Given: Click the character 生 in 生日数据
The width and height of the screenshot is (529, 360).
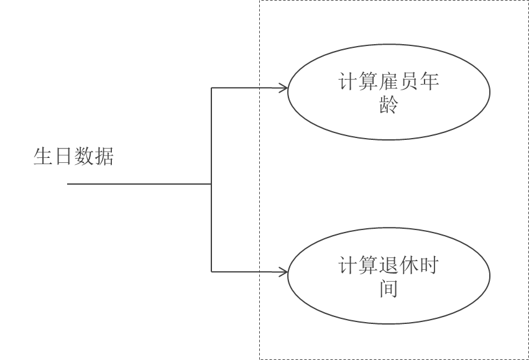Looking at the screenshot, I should pyautogui.click(x=43, y=156).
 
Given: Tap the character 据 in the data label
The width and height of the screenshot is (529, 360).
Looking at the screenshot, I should pyautogui.click(x=104, y=156).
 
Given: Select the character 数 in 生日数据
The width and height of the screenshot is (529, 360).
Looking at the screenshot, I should pyautogui.click(x=83, y=156).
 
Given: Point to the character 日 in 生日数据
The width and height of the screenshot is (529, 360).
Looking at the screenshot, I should pyautogui.click(x=63, y=156).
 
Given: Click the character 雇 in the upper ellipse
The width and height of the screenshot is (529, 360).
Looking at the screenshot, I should pyautogui.click(x=389, y=82).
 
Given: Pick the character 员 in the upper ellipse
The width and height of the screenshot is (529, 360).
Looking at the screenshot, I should pyautogui.click(x=409, y=82).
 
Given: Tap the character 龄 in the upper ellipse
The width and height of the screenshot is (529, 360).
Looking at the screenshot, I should pyautogui.click(x=389, y=104).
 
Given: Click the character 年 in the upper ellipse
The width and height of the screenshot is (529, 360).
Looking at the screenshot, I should pyautogui.click(x=430, y=82).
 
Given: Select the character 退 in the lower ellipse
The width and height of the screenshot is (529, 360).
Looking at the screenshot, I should pyautogui.click(x=389, y=266).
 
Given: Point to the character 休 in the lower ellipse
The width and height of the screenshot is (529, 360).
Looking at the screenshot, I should pyautogui.click(x=409, y=266).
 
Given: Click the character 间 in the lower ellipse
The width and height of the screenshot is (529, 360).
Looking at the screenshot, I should pyautogui.click(x=389, y=289).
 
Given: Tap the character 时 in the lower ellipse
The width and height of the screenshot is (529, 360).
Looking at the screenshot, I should pyautogui.click(x=430, y=266).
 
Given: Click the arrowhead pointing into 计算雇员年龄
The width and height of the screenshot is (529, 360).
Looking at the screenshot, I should pyautogui.click(x=283, y=88).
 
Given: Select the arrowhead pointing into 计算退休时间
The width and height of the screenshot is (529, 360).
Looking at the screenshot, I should pyautogui.click(x=283, y=272).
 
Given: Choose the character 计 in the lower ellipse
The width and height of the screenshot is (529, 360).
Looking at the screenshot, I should pyautogui.click(x=347, y=266).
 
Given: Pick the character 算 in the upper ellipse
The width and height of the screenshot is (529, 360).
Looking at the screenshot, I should pyautogui.click(x=368, y=82).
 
